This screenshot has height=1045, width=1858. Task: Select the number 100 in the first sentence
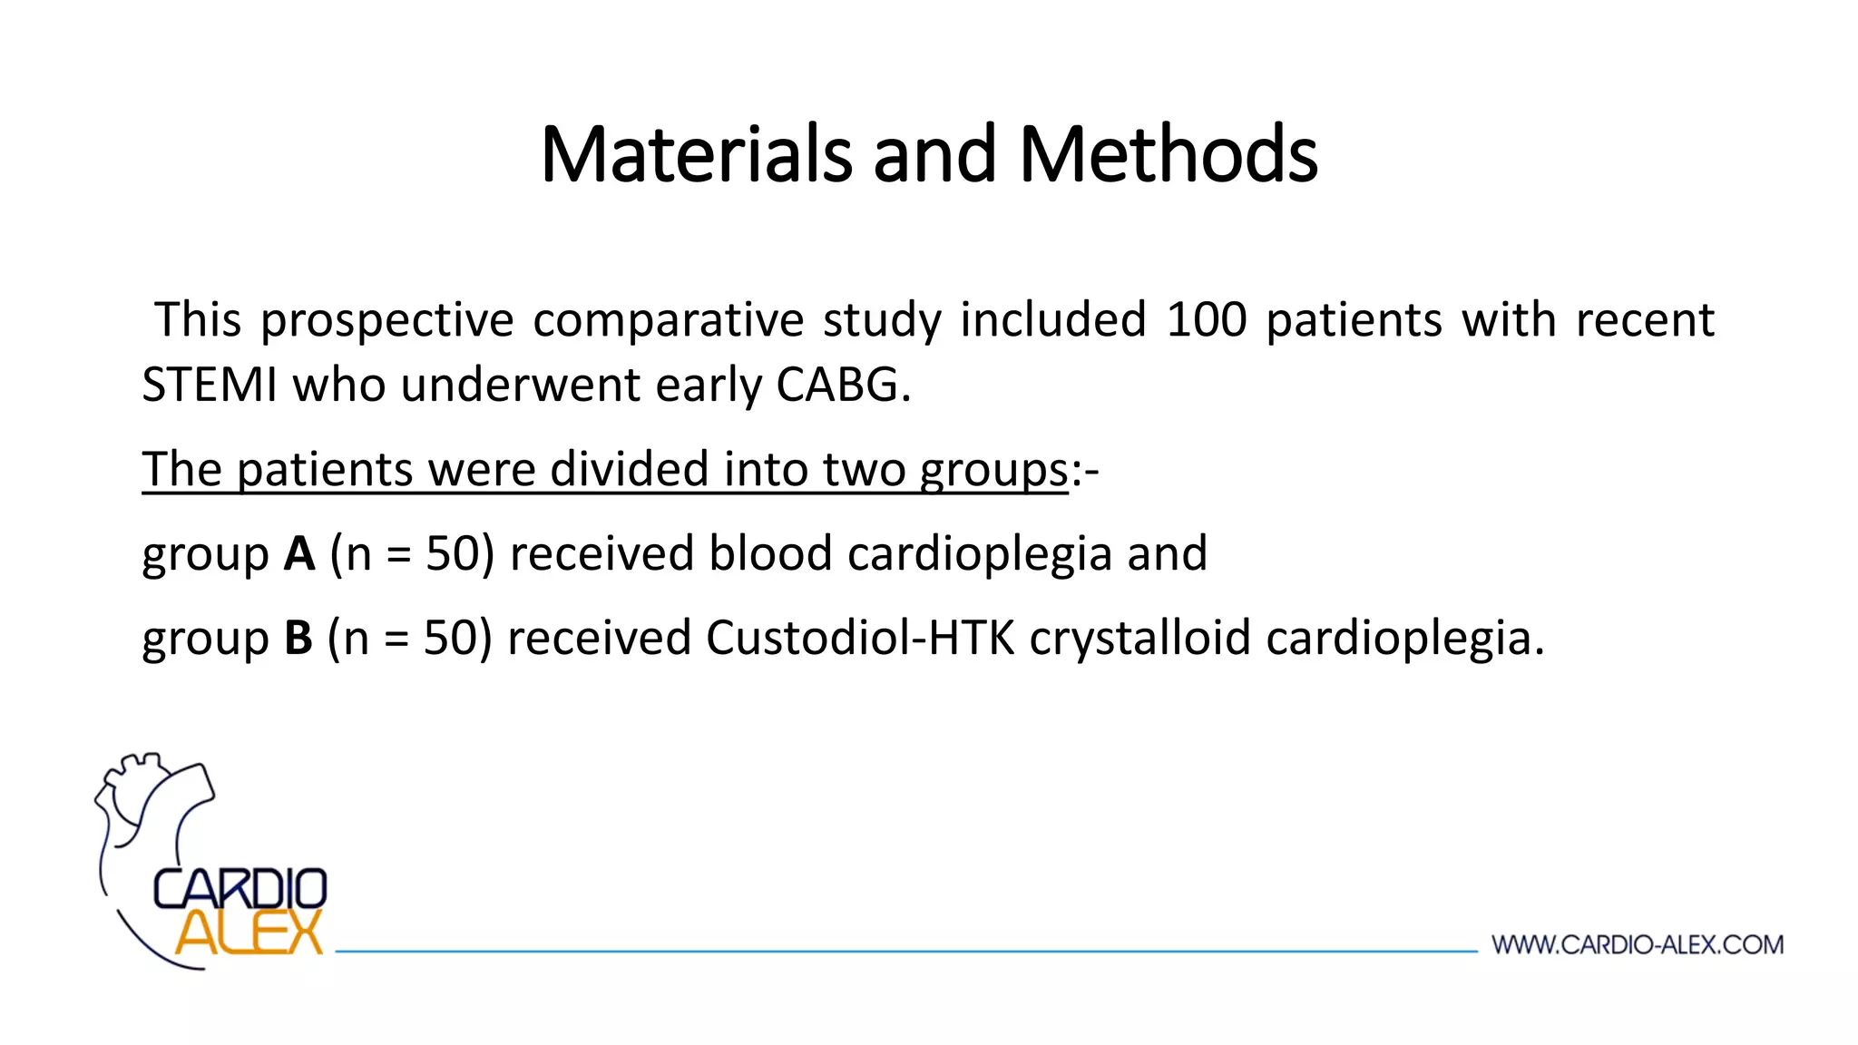pos(1206,320)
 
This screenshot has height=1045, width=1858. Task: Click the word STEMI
pos(210,385)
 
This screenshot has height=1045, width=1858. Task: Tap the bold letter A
pos(299,553)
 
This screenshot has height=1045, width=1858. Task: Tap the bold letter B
pos(298,638)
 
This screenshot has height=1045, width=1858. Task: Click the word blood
pos(770,553)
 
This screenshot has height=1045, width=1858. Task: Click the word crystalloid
pos(1140,640)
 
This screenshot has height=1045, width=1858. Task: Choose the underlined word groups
pos(993,471)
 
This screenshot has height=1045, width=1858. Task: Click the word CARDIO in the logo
pos(240,889)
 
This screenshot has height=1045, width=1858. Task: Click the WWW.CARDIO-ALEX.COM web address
pos(1638,945)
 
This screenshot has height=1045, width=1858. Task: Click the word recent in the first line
pos(1645,320)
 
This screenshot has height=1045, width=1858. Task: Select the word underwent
pos(521,385)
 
